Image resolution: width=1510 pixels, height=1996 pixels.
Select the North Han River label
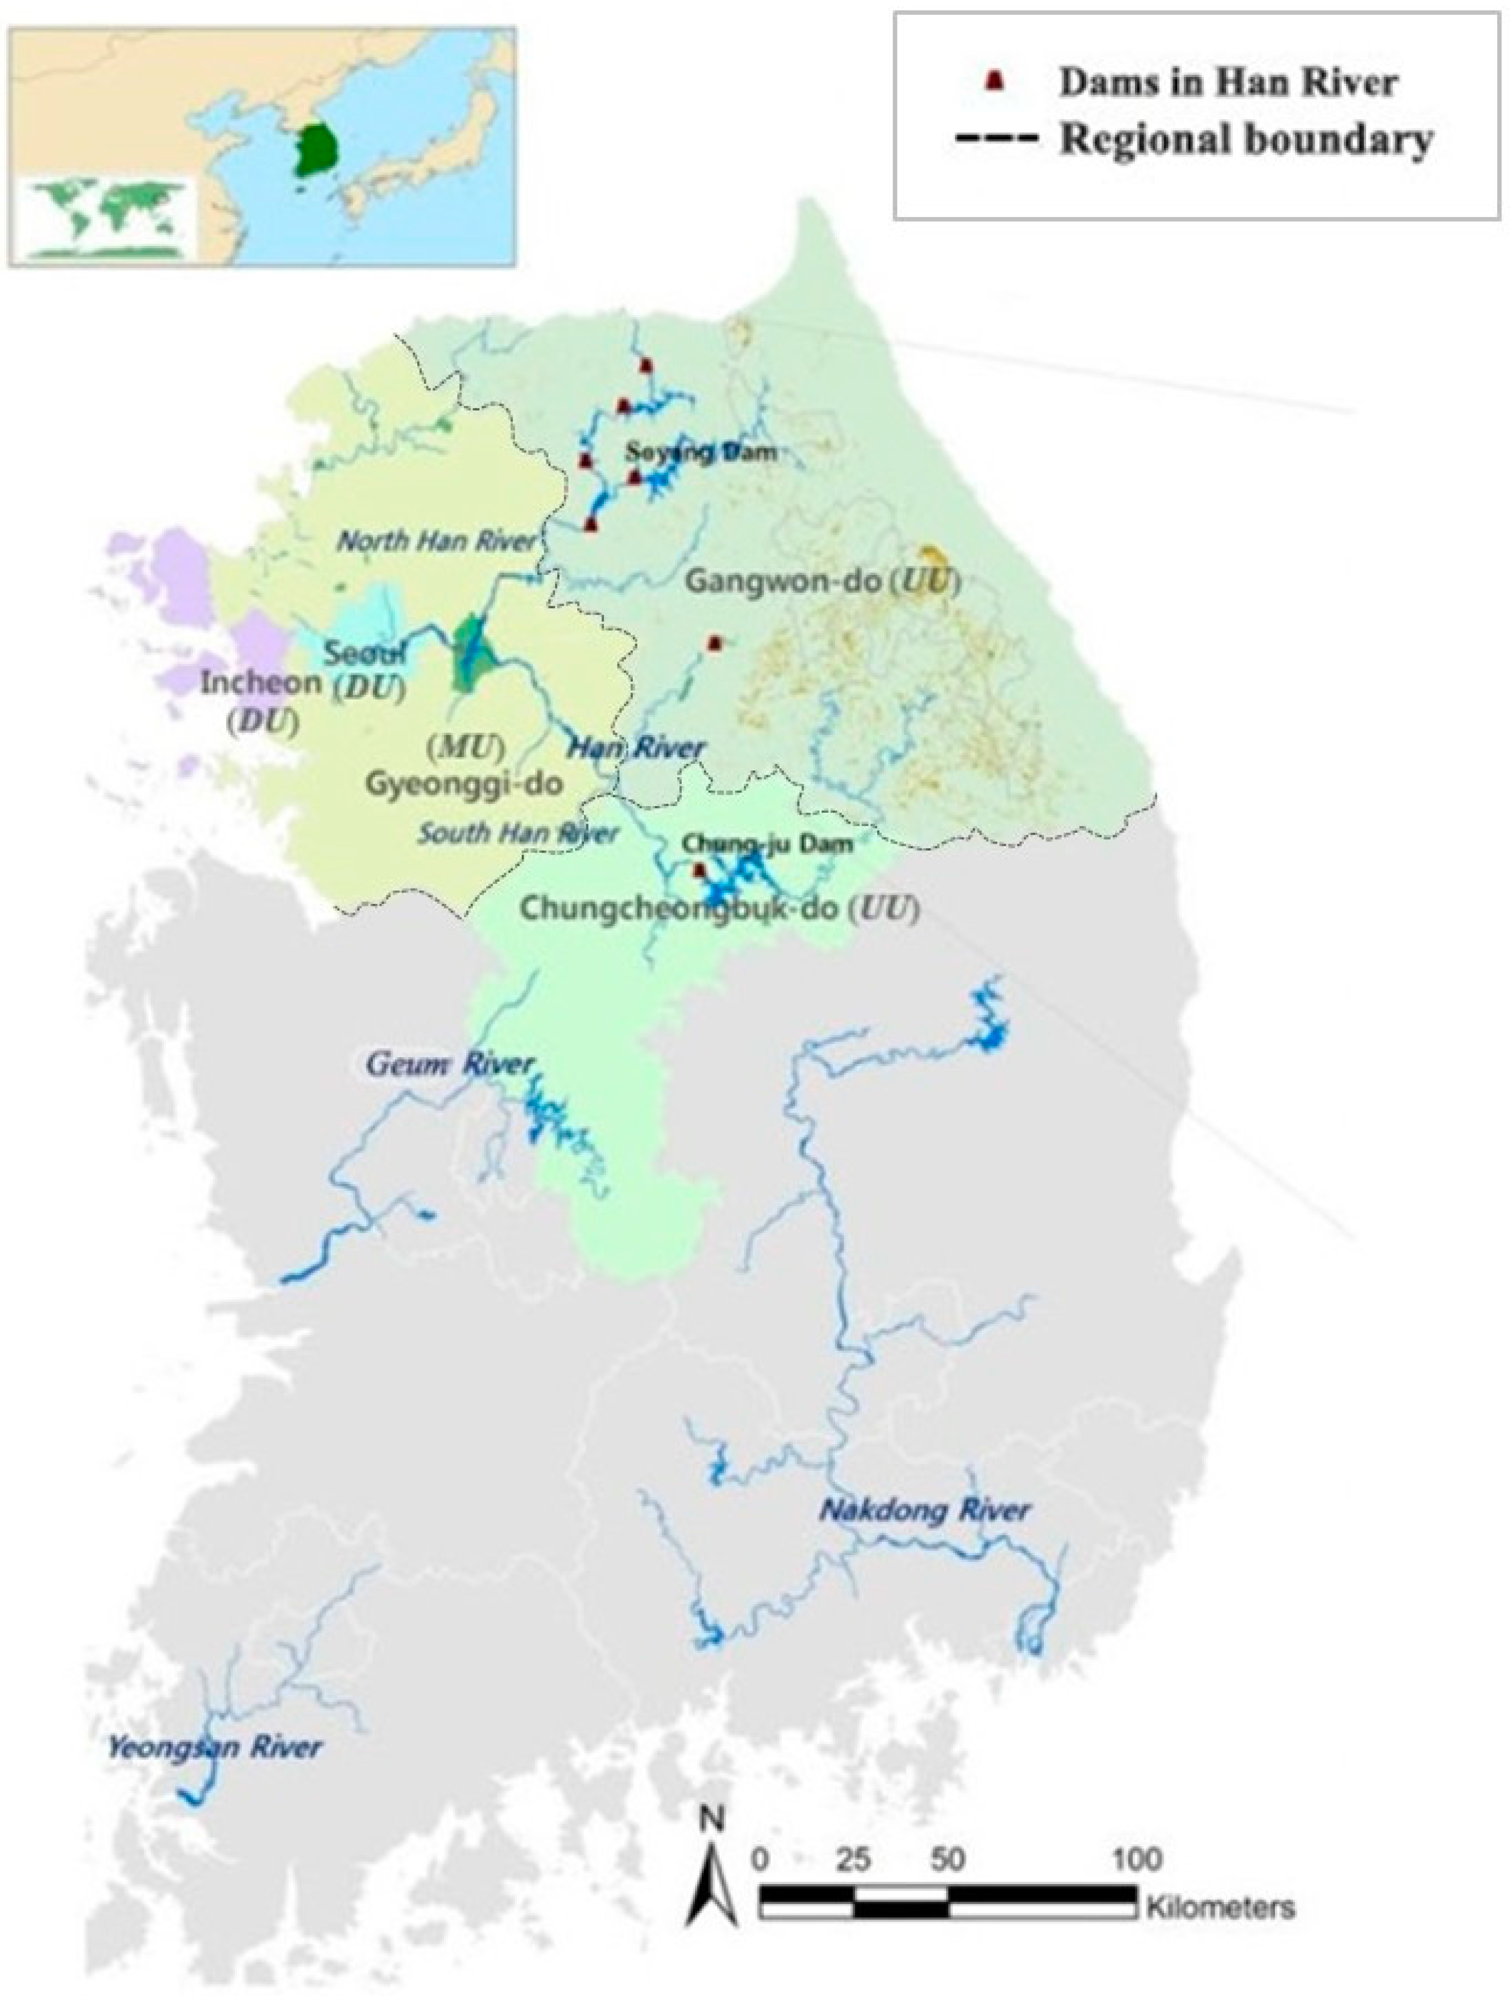(x=436, y=541)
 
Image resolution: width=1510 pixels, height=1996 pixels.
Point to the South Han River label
(x=517, y=833)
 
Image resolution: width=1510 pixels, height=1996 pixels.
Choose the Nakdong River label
(x=923, y=1510)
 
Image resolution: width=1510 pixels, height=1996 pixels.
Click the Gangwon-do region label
(x=782, y=581)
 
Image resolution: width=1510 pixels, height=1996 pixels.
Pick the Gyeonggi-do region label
(x=463, y=783)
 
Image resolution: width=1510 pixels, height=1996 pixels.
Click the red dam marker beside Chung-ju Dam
(x=697, y=871)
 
